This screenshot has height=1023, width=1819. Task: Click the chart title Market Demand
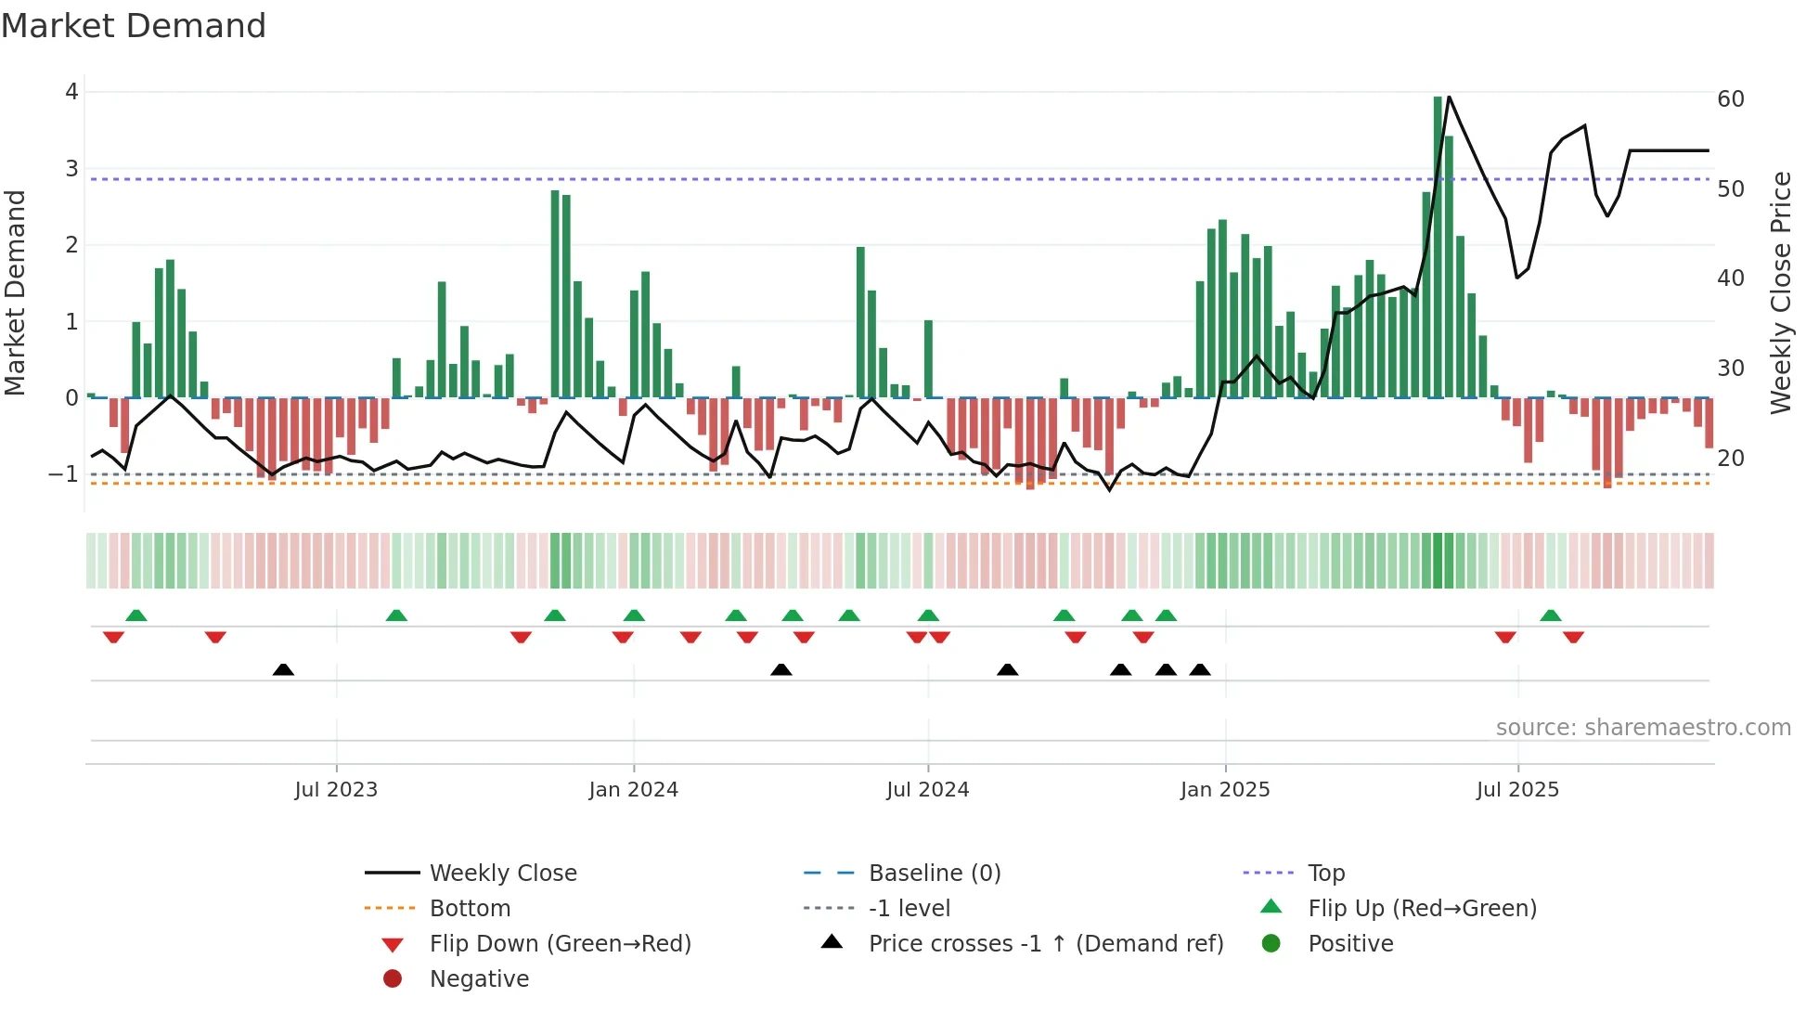pos(134,26)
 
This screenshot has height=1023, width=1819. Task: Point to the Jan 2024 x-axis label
pos(633,790)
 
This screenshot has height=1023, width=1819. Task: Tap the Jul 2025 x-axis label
pos(1517,790)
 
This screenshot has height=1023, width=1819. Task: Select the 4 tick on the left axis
pos(71,92)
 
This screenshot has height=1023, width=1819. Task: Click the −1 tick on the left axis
pos(63,474)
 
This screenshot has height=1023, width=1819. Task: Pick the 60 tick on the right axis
pos(1731,99)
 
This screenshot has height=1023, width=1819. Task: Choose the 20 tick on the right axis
pos(1731,459)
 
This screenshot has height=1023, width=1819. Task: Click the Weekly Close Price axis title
pos(1780,292)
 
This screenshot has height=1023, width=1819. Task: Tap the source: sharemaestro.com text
pos(1643,728)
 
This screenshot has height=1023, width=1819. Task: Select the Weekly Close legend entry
pos(502,874)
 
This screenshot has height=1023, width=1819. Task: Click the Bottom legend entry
pos(470,909)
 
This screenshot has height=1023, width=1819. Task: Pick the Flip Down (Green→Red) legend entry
pos(560,944)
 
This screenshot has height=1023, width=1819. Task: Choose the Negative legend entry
pos(479,979)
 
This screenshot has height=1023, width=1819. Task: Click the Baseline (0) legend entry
pos(934,874)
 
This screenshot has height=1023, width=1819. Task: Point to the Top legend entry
pos(1326,874)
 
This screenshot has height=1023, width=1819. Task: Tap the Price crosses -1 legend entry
pos(1045,944)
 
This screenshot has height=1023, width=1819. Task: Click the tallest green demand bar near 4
pos(1438,246)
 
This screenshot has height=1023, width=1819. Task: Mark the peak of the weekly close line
pos(1449,97)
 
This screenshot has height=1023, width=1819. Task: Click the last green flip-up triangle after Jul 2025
pos(1550,615)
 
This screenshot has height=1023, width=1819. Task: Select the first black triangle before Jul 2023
pos(283,670)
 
